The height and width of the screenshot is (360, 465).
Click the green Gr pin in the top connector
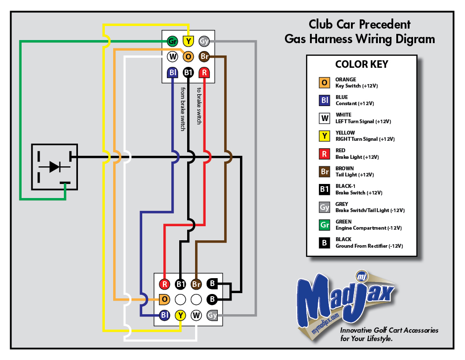[172, 41]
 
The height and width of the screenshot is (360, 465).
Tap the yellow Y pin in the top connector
[188, 41]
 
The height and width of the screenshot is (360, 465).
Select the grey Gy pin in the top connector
[204, 41]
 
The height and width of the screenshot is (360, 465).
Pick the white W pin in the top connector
[172, 56]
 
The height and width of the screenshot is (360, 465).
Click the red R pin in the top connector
[204, 73]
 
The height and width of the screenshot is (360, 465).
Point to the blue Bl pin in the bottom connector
[164, 315]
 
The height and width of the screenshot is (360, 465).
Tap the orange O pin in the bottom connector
[164, 299]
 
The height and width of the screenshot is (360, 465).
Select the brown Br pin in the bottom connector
[196, 284]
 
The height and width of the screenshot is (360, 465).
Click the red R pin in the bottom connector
[164, 284]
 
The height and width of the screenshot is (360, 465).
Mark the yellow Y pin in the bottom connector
[180, 315]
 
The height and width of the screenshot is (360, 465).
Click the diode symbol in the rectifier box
[55, 167]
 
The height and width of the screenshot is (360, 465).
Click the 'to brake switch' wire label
[199, 106]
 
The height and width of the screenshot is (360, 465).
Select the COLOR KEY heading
[362, 64]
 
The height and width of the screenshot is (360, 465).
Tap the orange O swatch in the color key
[324, 83]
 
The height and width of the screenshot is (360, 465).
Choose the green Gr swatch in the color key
[324, 225]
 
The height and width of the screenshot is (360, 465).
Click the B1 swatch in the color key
[324, 189]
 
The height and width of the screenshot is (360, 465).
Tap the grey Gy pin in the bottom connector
[212, 315]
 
